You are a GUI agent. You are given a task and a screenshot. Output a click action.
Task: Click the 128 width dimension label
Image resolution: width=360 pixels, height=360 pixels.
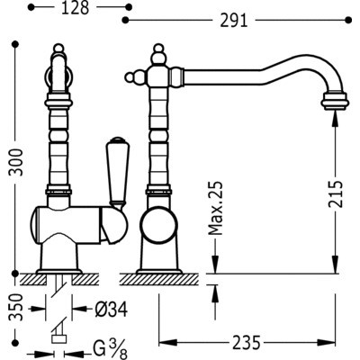click(x=76, y=8)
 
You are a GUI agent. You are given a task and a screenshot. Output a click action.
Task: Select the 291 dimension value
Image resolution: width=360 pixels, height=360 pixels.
click(x=234, y=21)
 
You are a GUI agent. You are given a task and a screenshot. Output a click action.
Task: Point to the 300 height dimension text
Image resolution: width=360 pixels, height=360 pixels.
click(x=16, y=162)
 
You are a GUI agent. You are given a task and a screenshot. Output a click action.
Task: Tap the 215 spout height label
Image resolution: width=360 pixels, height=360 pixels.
click(x=335, y=193)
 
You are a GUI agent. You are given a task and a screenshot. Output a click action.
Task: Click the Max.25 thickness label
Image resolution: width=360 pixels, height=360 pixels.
click(x=216, y=208)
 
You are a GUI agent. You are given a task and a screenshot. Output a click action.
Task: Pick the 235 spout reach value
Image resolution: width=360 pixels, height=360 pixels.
click(x=246, y=343)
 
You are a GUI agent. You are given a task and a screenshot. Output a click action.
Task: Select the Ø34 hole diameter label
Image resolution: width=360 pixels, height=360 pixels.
click(x=112, y=309)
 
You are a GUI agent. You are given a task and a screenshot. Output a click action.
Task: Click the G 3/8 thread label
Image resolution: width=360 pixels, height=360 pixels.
click(x=110, y=350)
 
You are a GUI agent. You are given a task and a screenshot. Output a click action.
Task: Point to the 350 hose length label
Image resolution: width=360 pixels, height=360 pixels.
click(x=16, y=308)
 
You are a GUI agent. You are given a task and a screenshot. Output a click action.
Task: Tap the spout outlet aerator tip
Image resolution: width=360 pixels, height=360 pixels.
click(x=335, y=100)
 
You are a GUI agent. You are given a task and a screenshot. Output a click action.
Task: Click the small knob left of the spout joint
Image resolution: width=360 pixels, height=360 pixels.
click(x=132, y=76)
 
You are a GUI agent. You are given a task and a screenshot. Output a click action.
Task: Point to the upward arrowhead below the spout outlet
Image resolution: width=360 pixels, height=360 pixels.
click(x=335, y=117)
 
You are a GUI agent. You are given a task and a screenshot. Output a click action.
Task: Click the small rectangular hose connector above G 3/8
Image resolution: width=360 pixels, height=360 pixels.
click(x=59, y=339)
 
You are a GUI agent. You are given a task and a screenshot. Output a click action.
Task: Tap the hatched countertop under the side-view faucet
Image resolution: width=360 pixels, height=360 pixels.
click(x=158, y=279)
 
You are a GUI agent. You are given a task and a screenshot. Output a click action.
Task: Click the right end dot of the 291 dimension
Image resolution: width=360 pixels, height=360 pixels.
click(x=348, y=20)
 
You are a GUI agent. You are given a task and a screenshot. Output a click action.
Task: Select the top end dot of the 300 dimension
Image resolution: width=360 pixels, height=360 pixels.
click(x=14, y=45)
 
